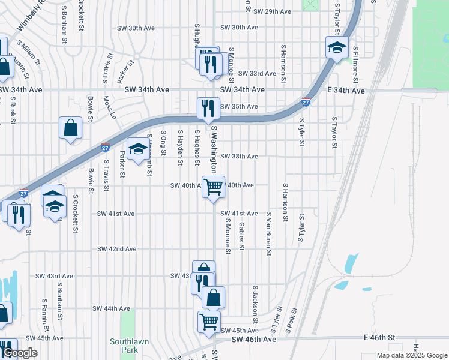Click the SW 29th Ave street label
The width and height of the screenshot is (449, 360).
coord(272,11)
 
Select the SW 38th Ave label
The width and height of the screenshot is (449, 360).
coord(239,157)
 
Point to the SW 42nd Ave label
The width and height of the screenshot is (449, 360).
coord(118,249)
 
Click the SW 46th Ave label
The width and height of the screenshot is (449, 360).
coord(257,340)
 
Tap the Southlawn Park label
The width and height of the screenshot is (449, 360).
coord(124,346)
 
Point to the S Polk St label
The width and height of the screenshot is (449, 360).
coord(293,319)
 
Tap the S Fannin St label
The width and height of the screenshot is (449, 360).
coord(45,316)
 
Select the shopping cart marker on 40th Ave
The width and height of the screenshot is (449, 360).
coord(214,187)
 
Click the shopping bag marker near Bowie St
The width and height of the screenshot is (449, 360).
coord(71,128)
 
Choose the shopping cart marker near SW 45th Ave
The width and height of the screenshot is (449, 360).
coord(209,321)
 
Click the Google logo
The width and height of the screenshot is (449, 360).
coord(19,353)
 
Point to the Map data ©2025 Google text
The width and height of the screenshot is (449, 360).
coord(411,355)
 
